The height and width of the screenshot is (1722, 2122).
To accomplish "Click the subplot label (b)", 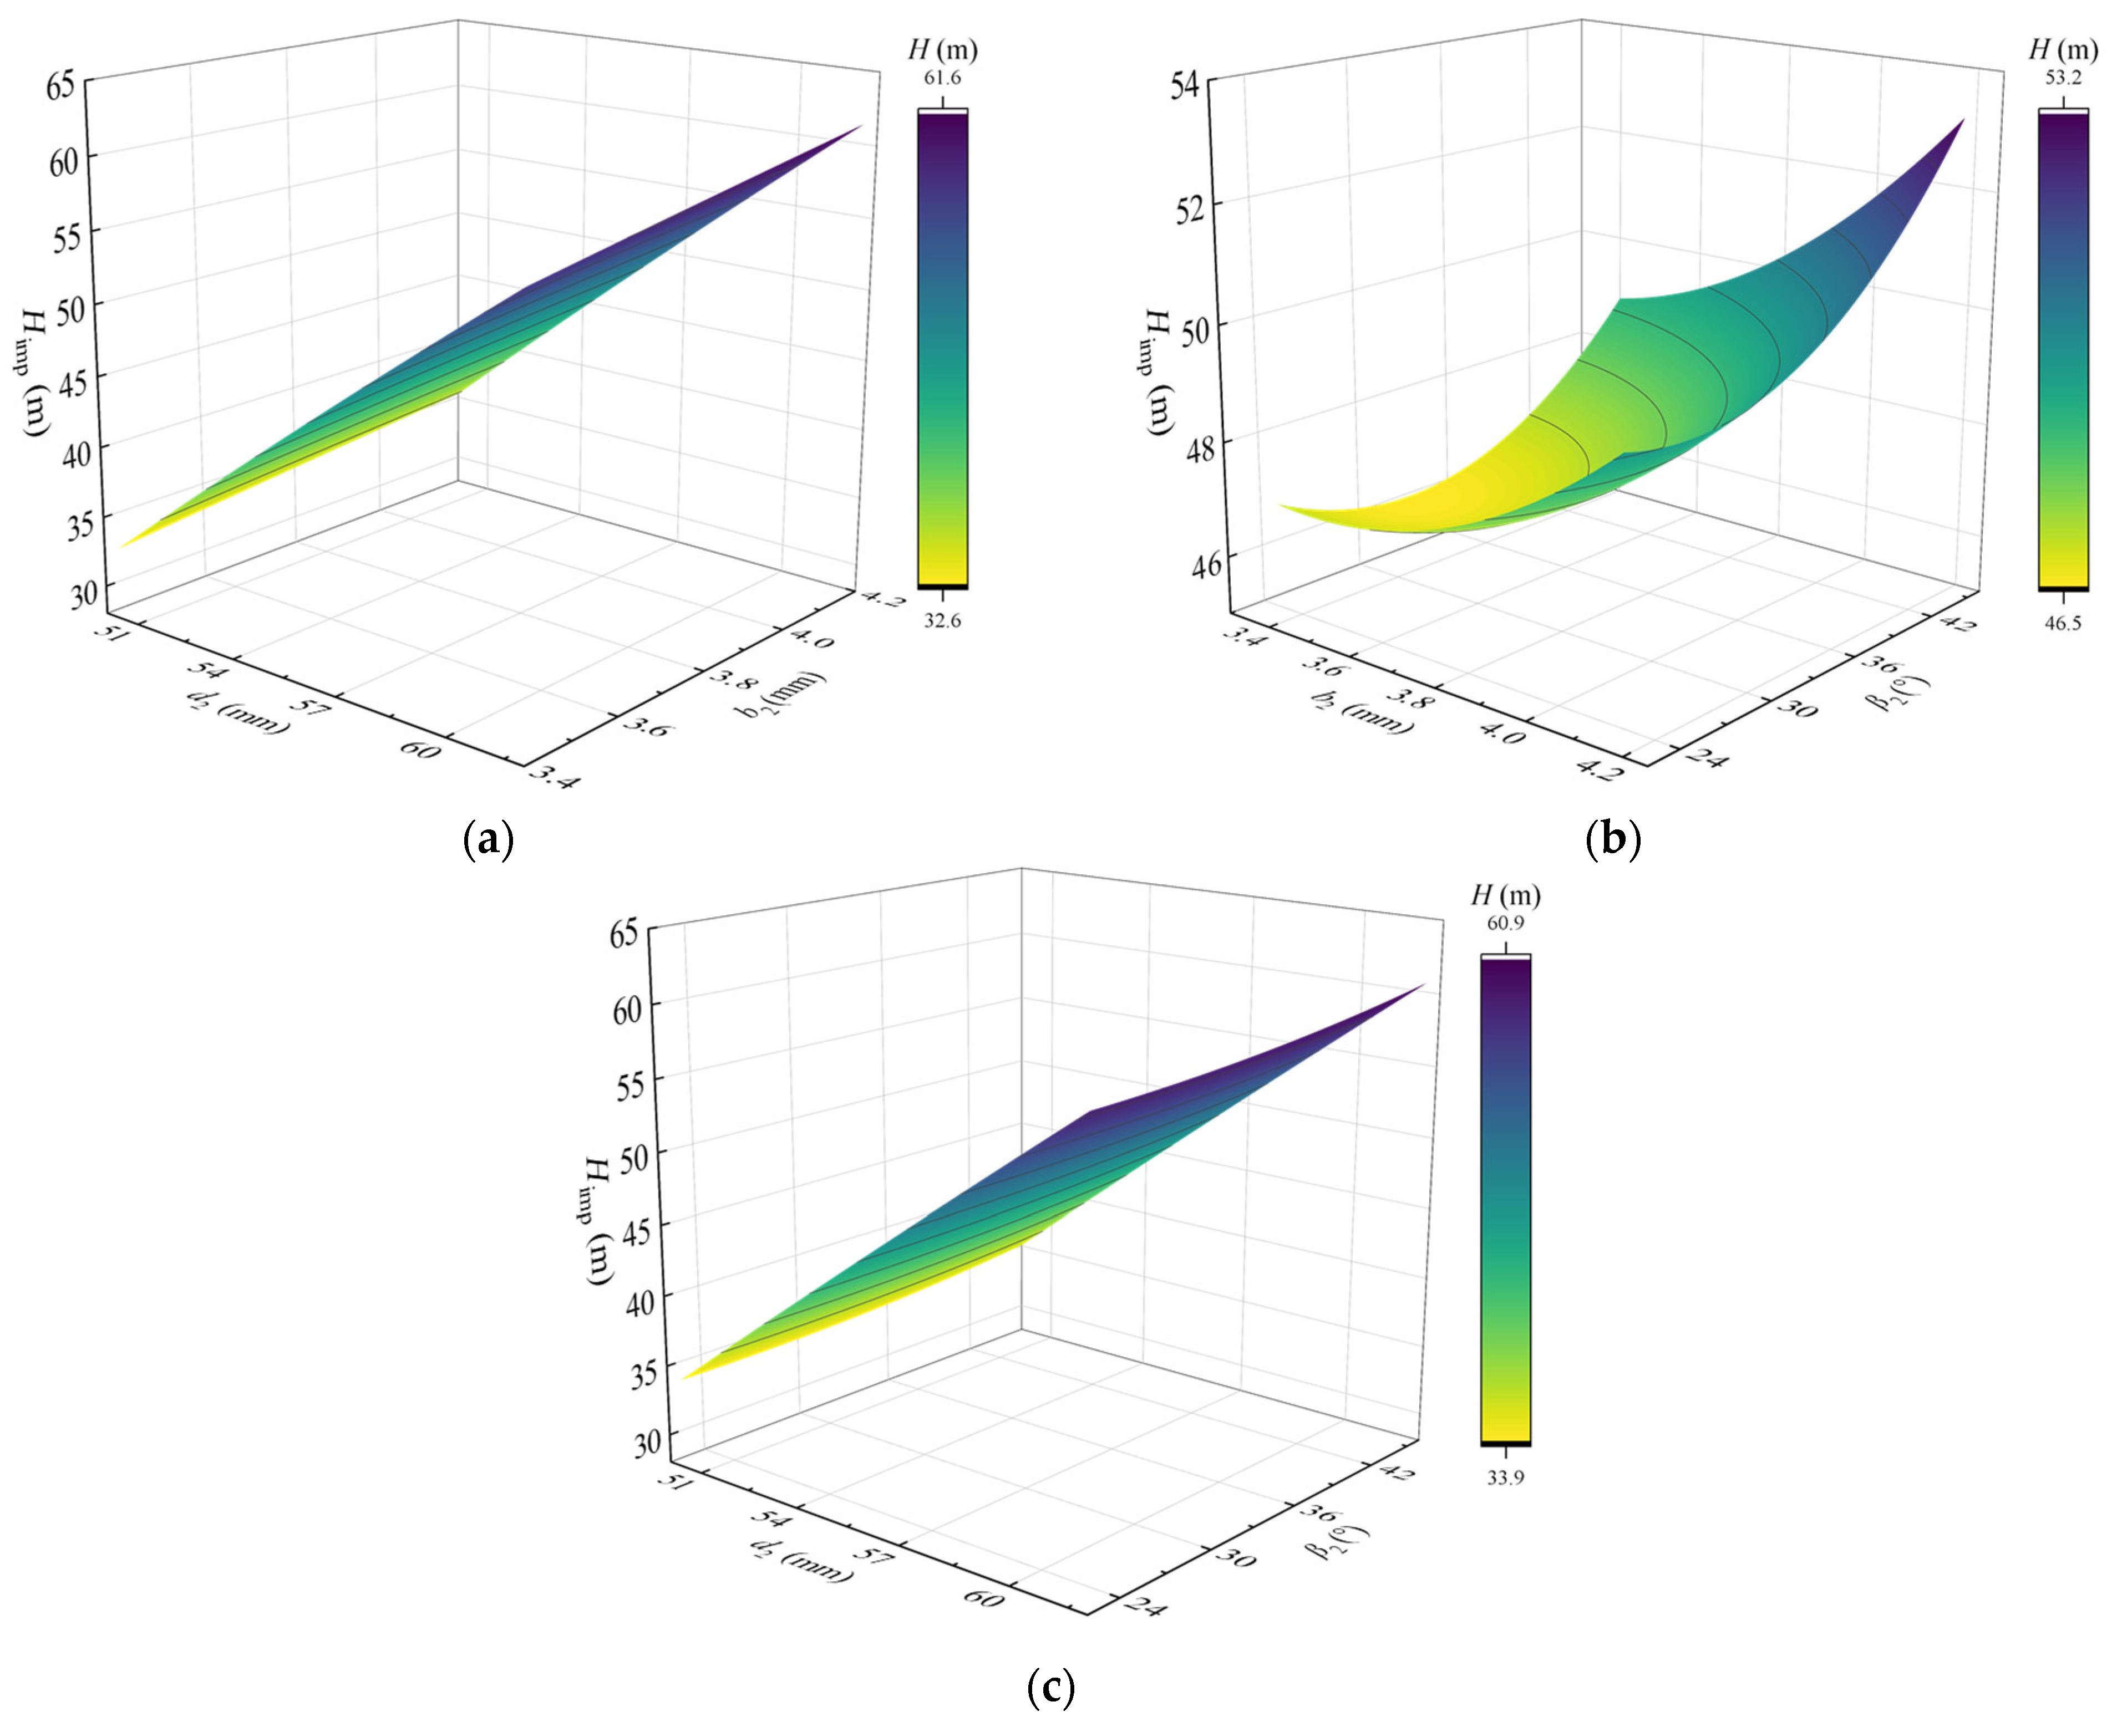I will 1613,840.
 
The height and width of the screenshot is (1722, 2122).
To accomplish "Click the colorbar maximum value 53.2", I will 2063,78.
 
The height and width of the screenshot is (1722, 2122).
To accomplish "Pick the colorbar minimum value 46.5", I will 2063,623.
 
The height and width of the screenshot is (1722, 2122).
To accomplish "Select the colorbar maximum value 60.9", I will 1505,923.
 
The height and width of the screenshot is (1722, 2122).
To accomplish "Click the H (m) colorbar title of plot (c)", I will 1505,896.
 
